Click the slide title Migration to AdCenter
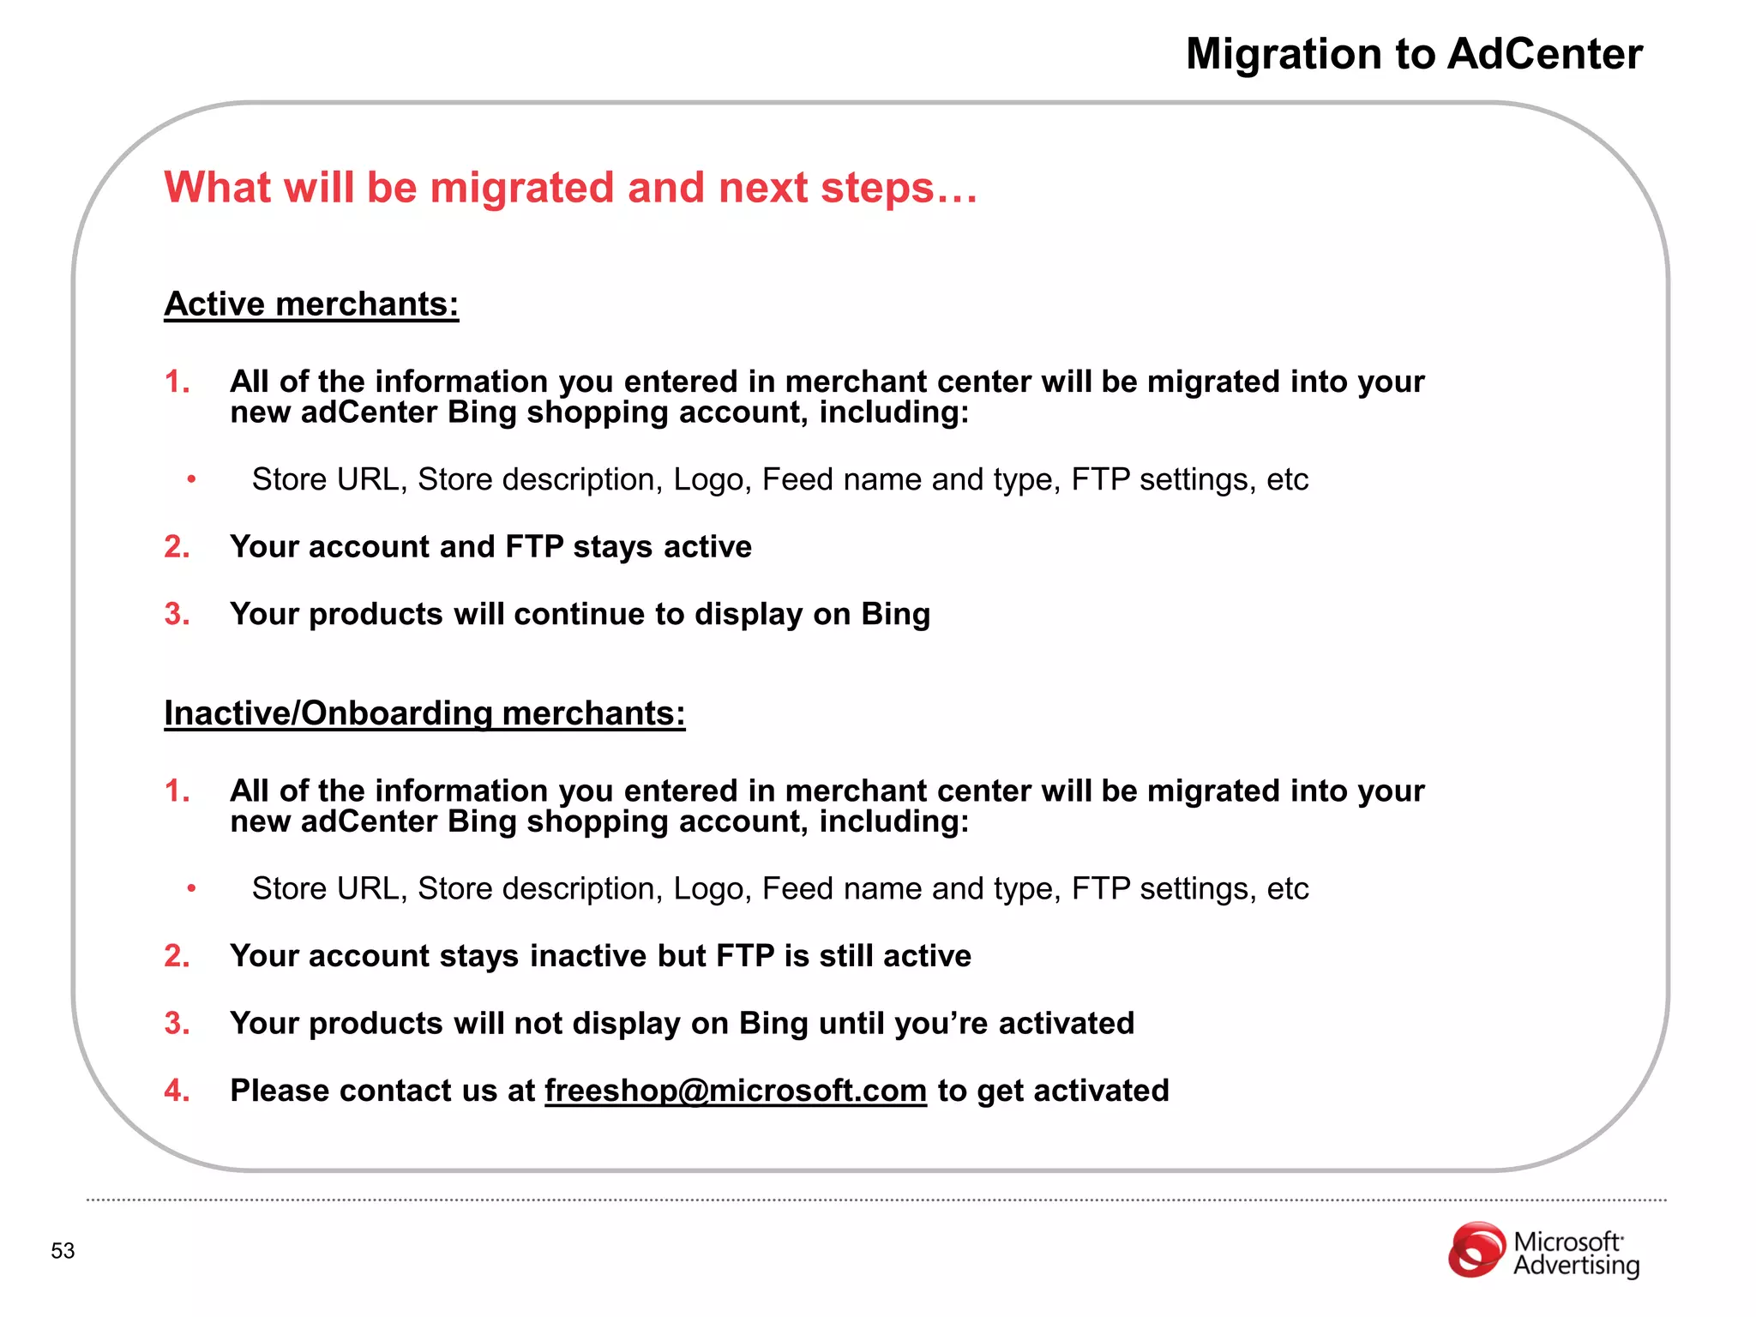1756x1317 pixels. click(1413, 54)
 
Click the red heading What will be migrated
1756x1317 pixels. click(569, 188)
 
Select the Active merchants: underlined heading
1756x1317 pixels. click(311, 304)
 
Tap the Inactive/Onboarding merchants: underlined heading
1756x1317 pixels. click(424, 713)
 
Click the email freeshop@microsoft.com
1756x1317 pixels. click(735, 1091)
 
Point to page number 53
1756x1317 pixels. click(63, 1251)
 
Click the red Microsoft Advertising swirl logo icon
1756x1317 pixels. click(1476, 1250)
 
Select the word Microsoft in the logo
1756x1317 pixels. click(1567, 1242)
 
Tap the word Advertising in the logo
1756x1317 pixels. click(1576, 1266)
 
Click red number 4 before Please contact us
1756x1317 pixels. click(175, 1091)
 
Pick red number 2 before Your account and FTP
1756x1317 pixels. click(175, 547)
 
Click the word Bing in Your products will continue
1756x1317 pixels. click(895, 615)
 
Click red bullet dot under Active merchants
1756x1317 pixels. click(192, 479)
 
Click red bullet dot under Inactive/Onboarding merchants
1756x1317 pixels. click(192, 889)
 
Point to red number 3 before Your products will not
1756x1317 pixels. click(175, 1024)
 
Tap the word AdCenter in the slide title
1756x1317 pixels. click(1544, 54)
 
